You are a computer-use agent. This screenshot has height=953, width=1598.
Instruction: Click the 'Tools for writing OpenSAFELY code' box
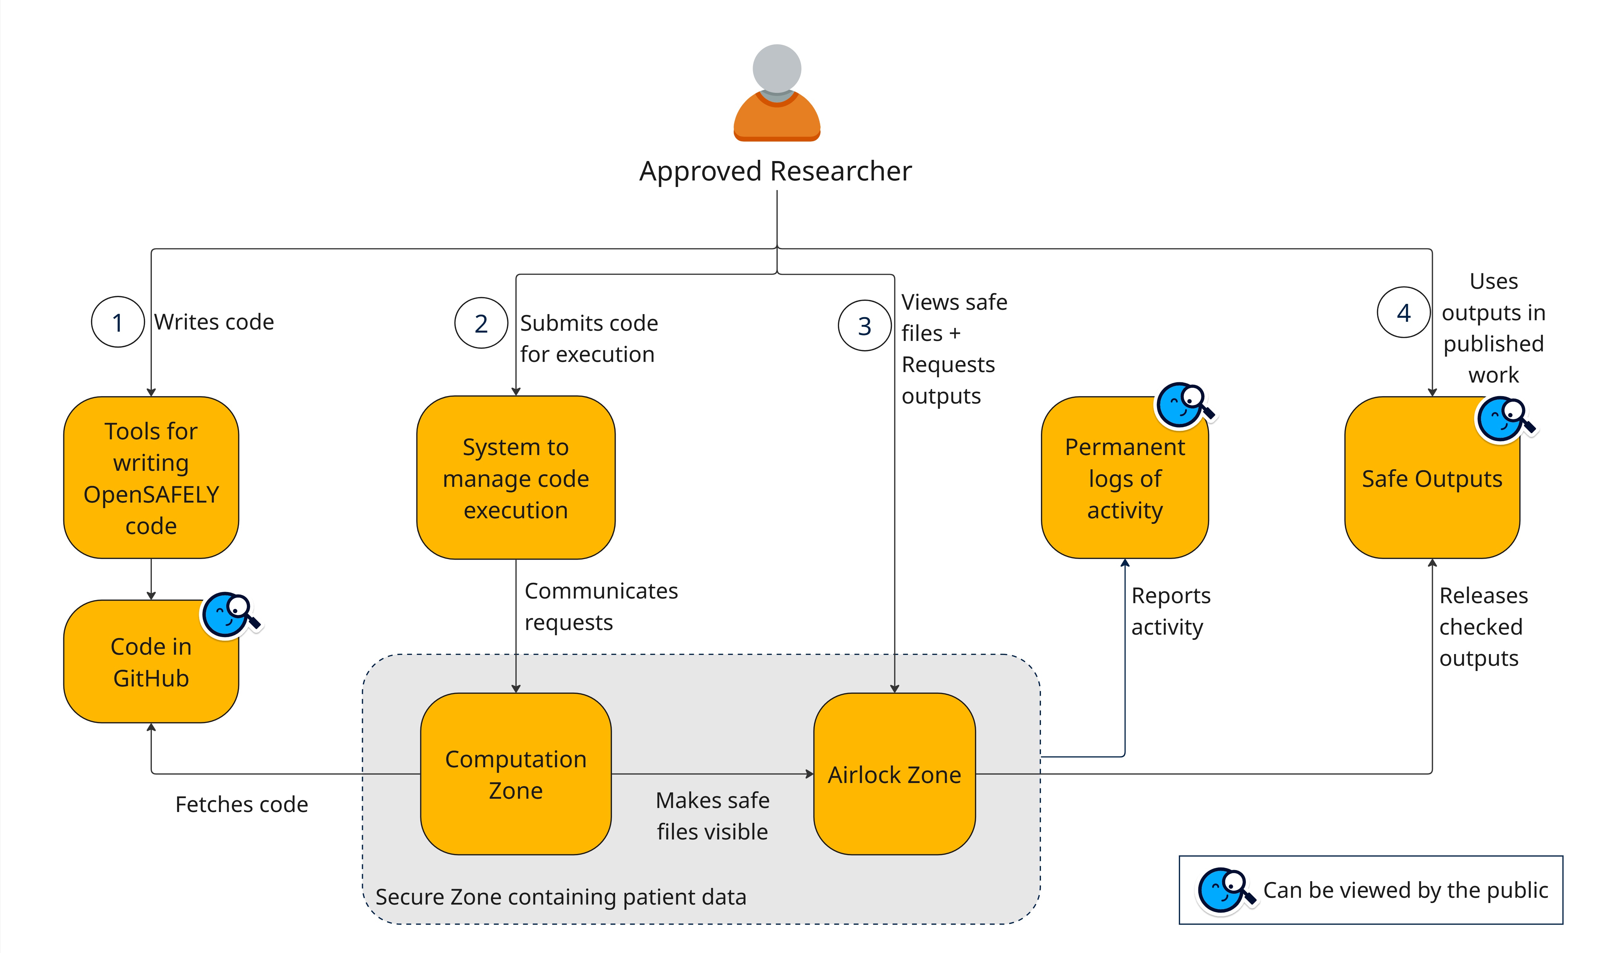(151, 478)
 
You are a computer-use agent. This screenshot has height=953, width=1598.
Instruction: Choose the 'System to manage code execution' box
(516, 478)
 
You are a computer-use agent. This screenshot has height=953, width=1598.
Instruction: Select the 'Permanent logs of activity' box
(1125, 478)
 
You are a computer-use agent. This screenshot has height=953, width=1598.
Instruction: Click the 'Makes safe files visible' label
(712, 816)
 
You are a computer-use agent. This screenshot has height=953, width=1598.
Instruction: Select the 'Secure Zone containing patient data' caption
(561, 897)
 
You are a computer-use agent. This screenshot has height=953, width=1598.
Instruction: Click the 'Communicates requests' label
(601, 606)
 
